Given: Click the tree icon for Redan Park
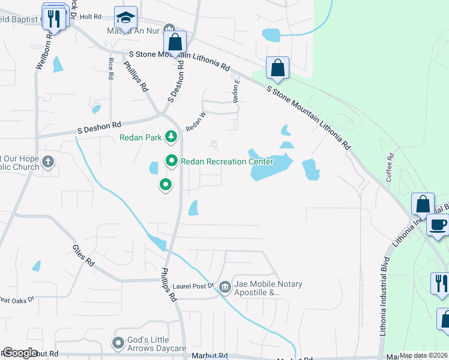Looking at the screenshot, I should [x=171, y=137].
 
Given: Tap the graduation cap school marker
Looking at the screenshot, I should [x=126, y=17].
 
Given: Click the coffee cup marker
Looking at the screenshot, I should [x=438, y=225].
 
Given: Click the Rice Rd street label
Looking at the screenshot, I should [x=110, y=68].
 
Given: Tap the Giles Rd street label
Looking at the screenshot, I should [x=83, y=255].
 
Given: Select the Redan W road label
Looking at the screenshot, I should [x=196, y=122].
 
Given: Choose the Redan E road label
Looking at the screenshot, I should [x=236, y=88].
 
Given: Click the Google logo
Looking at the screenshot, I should [x=20, y=353].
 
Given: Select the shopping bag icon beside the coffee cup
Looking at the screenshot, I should [x=423, y=204].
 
